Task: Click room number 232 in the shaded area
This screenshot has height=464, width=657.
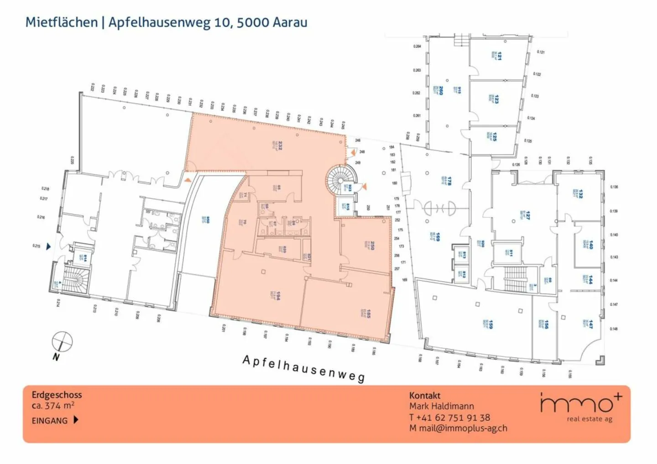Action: [x=280, y=145]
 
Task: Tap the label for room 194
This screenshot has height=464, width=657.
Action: [x=277, y=295]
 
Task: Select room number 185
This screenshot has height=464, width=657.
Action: [x=368, y=313]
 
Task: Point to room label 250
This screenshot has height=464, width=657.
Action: [x=372, y=245]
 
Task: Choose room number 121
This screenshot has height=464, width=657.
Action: [x=500, y=56]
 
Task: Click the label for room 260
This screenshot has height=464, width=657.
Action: [x=441, y=90]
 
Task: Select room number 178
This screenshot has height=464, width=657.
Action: [x=449, y=180]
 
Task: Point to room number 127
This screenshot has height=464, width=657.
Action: [x=527, y=215]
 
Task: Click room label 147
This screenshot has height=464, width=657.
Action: [x=590, y=324]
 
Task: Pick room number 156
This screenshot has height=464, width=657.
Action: [x=546, y=324]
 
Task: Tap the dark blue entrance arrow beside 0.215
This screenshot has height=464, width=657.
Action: [x=48, y=247]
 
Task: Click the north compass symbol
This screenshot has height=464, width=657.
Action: [x=62, y=342]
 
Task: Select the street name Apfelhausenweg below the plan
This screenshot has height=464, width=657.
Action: [x=303, y=368]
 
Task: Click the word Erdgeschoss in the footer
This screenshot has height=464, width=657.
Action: [x=57, y=395]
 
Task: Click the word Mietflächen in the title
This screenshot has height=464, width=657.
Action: [x=62, y=22]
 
